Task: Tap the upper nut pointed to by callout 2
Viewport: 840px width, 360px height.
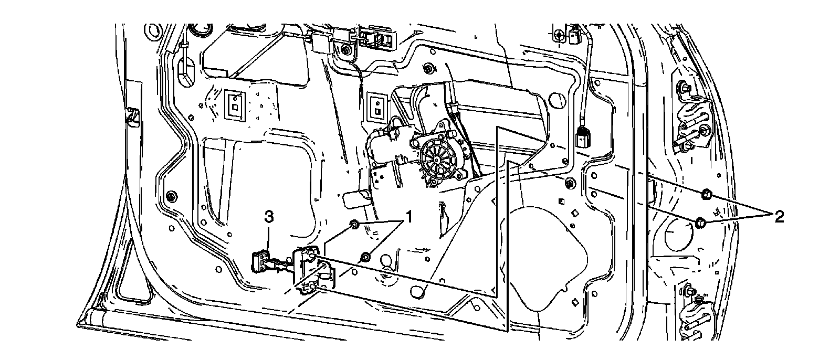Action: (706, 195)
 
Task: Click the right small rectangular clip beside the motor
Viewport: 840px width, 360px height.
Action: (377, 106)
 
